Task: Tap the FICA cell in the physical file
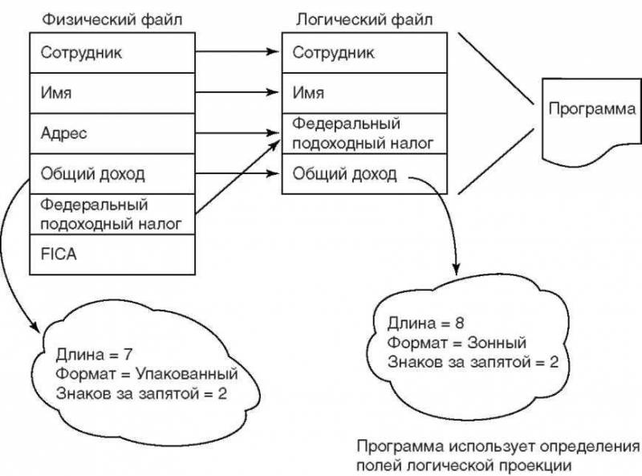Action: coord(112,254)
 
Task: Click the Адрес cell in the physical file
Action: coord(112,133)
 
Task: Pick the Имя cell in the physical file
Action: coord(112,93)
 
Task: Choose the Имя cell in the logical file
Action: coord(363,93)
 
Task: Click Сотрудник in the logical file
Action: coord(363,53)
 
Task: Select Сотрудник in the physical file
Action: coord(112,53)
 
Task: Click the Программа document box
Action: coord(591,112)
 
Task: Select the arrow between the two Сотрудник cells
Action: coord(238,53)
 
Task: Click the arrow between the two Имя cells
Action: coord(238,93)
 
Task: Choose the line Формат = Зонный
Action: coord(457,343)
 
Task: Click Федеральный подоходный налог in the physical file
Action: coord(112,214)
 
